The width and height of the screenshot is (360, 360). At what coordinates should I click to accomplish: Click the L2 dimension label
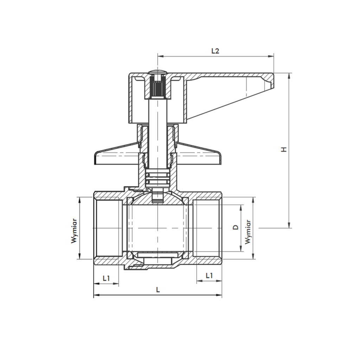click(215, 51)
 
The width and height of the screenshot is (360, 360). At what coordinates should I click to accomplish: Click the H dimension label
click(284, 149)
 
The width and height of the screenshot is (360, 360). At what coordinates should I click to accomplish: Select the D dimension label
click(236, 227)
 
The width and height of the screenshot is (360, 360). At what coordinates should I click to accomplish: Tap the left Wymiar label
click(74, 231)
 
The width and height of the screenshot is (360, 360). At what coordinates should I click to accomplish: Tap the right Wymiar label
click(248, 232)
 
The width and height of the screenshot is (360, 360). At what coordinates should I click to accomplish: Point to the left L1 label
click(106, 278)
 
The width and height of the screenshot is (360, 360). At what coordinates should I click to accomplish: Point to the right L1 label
click(209, 276)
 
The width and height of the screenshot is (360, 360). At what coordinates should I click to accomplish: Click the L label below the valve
click(158, 290)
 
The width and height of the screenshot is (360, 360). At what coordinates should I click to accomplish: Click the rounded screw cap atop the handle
click(157, 72)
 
